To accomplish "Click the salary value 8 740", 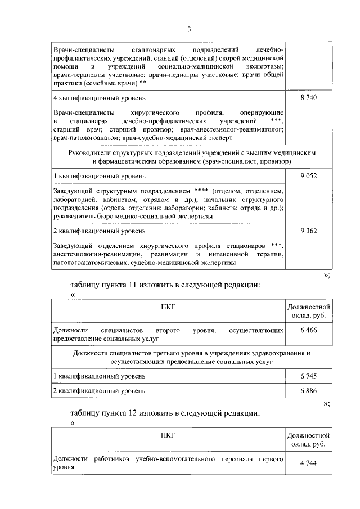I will (x=309, y=98).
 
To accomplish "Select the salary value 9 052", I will (x=309, y=175).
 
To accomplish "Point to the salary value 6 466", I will (x=309, y=332).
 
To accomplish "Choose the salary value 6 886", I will (x=309, y=390).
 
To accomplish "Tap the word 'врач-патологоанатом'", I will (x=86, y=137).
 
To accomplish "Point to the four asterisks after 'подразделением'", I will (x=201, y=191).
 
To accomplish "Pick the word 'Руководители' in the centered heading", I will (x=89, y=152).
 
